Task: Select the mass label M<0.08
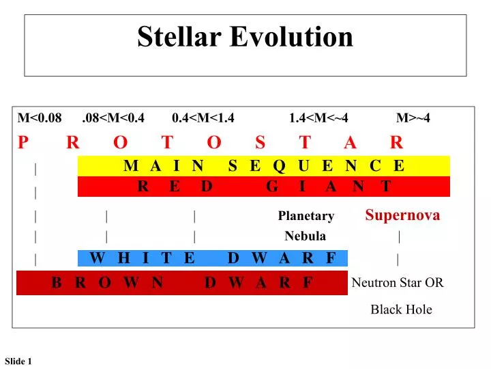[40, 118]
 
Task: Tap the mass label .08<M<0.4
[113, 118]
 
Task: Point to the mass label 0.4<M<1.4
[203, 118]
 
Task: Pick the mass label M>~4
[413, 118]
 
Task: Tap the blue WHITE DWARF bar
[213, 258]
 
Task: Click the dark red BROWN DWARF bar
[182, 283]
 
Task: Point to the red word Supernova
[402, 215]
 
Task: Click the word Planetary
[306, 217]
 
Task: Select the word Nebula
[305, 236]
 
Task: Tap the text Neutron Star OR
[398, 283]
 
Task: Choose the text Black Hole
[401, 310]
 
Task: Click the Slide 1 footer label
[18, 361]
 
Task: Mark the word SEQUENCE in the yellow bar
[316, 165]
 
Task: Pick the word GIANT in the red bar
[329, 187]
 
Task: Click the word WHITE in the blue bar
[142, 258]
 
